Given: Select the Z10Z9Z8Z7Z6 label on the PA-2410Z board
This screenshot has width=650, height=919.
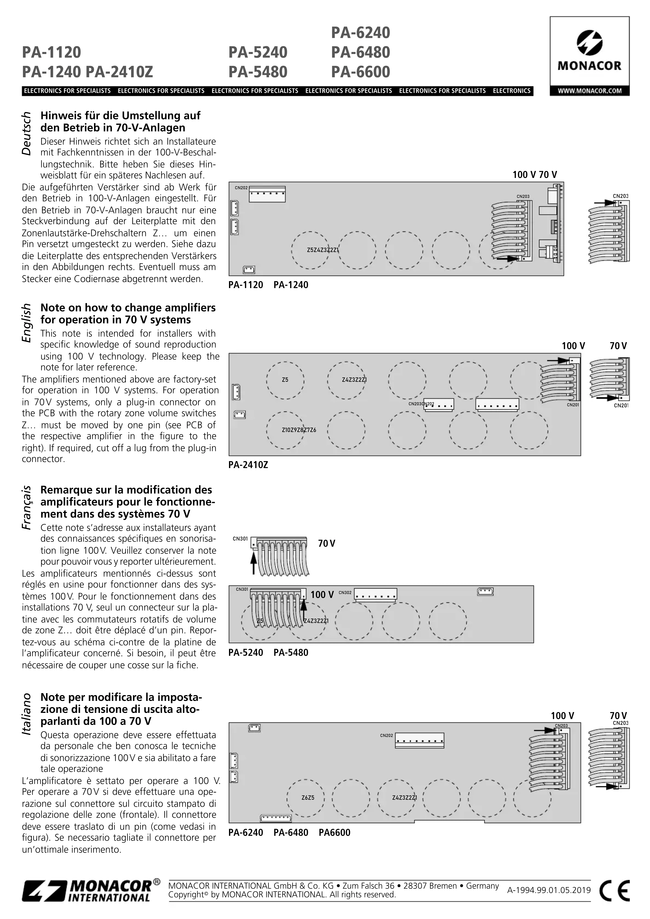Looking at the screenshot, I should tap(299, 430).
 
